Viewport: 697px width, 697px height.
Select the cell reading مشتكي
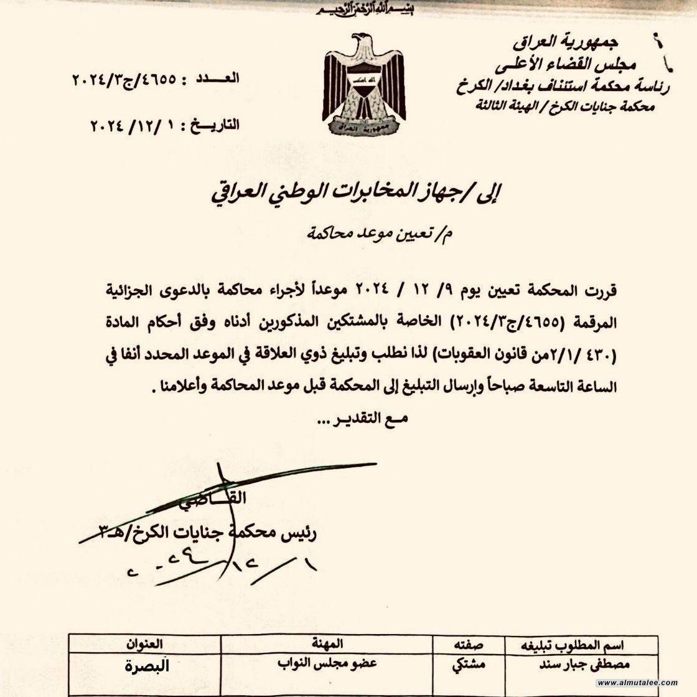pos(469,664)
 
